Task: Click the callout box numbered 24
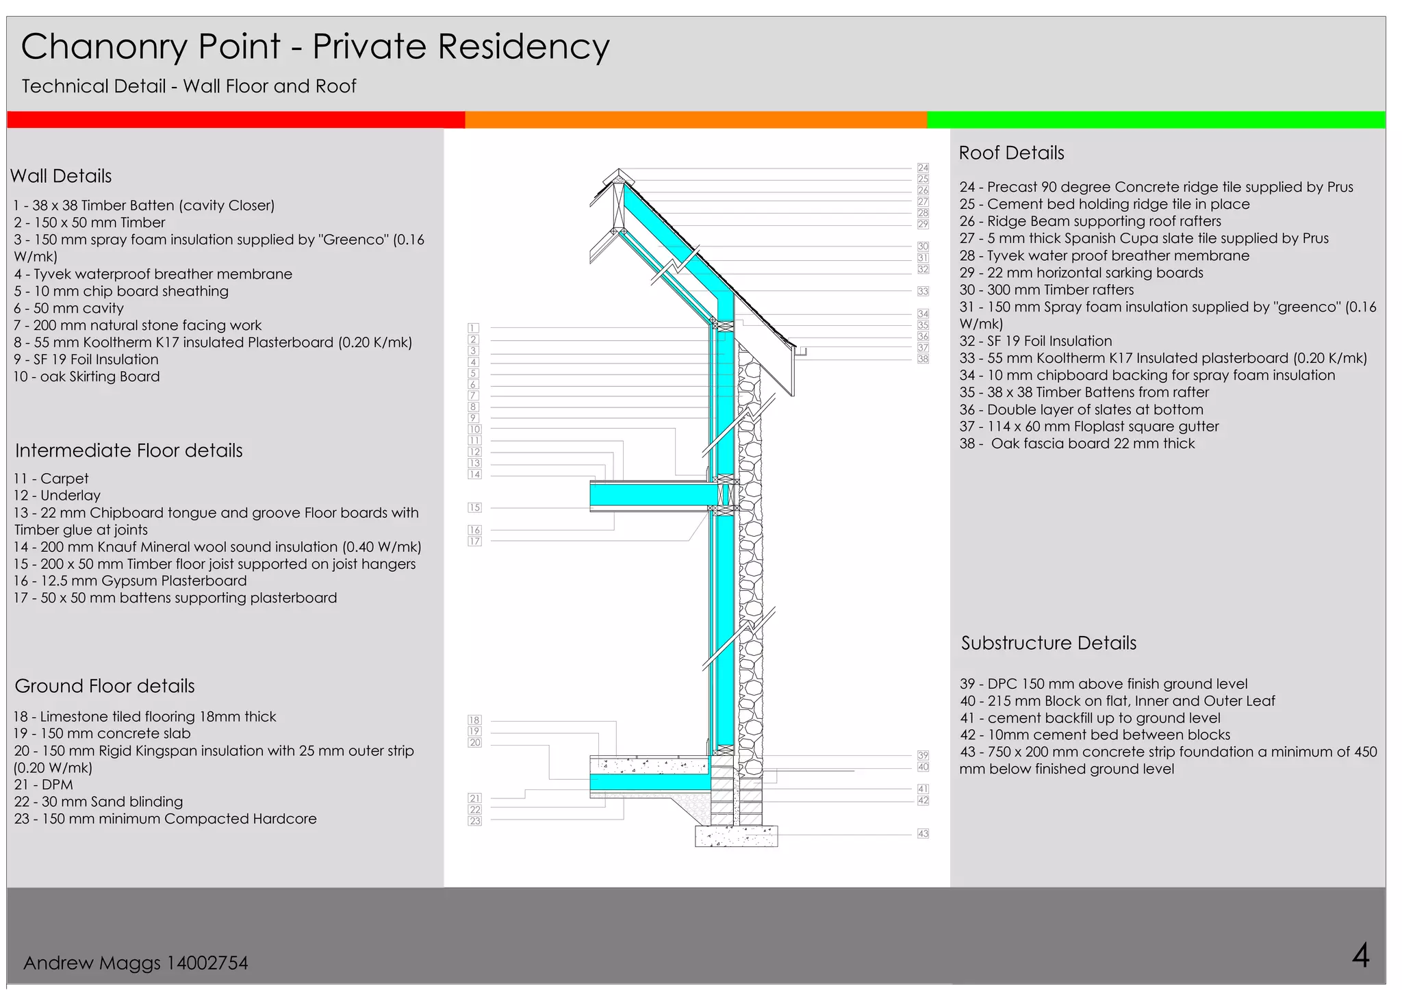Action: point(923,168)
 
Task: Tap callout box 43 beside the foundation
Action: point(923,833)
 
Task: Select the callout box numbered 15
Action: point(474,507)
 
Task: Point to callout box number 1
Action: point(473,328)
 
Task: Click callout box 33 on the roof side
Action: point(923,291)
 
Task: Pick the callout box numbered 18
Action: point(474,720)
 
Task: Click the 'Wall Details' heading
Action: point(61,176)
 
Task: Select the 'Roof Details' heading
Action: point(1011,153)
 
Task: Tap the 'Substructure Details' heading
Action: point(1048,643)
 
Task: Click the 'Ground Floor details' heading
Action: point(105,686)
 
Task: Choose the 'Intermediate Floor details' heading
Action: point(129,450)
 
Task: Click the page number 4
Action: point(1360,955)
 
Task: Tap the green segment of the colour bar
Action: point(1156,120)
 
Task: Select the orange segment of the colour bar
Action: point(696,120)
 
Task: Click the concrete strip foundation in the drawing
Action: point(736,836)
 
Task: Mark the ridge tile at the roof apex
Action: point(619,176)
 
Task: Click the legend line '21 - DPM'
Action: point(43,785)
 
